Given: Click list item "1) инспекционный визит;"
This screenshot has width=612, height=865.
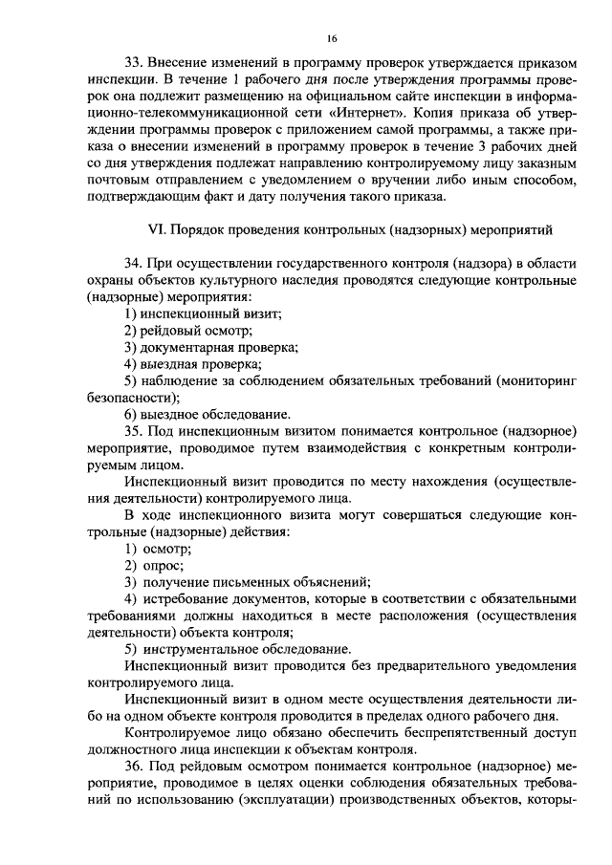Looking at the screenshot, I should click(203, 314).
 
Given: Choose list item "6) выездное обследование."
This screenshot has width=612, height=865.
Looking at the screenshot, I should click(207, 415).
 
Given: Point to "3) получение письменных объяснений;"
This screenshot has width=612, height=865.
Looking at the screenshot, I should click(248, 583).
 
